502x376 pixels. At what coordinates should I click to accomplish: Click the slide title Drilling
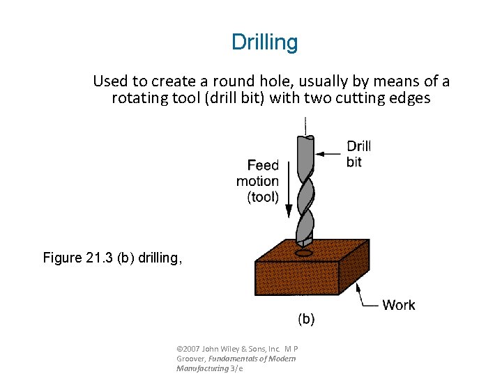pos(264,42)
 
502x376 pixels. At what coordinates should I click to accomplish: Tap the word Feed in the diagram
pos(263,166)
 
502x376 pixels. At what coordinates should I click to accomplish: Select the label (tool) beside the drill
pos(263,197)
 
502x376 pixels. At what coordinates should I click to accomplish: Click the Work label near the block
pos(398,305)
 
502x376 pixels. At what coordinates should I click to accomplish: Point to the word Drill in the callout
pos(358,146)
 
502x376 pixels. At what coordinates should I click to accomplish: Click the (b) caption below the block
pos(306,320)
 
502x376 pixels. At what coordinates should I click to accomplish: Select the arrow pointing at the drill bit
pos(328,153)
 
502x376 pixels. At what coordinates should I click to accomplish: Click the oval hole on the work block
pos(305,253)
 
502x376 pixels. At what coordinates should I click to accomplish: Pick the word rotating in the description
pos(139,98)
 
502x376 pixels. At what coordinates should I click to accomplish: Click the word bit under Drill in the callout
pos(353,162)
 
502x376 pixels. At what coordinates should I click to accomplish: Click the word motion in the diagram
pos(257,181)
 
